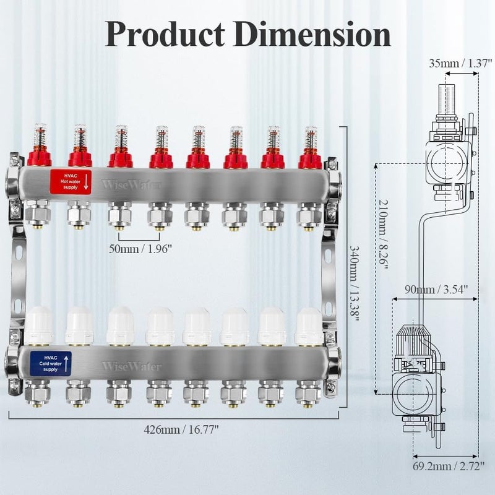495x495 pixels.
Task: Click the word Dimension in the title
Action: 315,34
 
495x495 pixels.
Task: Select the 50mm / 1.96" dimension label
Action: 141,249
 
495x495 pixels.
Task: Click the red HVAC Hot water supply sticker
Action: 71,181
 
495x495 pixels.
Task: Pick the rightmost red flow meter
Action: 310,148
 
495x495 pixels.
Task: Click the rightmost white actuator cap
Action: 309,327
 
